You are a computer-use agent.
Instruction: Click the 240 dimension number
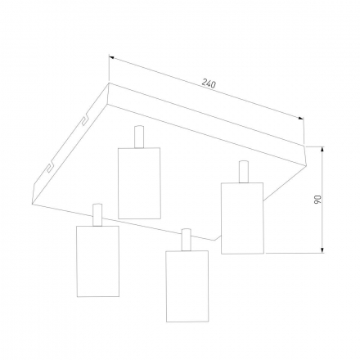(x=209, y=83)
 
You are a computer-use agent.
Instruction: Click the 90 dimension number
(x=318, y=200)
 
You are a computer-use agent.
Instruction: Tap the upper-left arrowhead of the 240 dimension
(x=111, y=57)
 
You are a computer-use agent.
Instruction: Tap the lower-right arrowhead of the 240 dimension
(x=301, y=118)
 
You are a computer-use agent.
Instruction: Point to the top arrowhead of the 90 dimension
(x=322, y=150)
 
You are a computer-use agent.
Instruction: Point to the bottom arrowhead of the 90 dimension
(x=322, y=250)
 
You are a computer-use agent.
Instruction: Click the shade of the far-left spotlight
(x=98, y=261)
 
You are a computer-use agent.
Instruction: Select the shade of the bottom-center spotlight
(x=187, y=286)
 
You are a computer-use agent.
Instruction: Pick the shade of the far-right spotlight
(x=242, y=218)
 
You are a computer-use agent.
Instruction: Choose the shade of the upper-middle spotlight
(x=139, y=183)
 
